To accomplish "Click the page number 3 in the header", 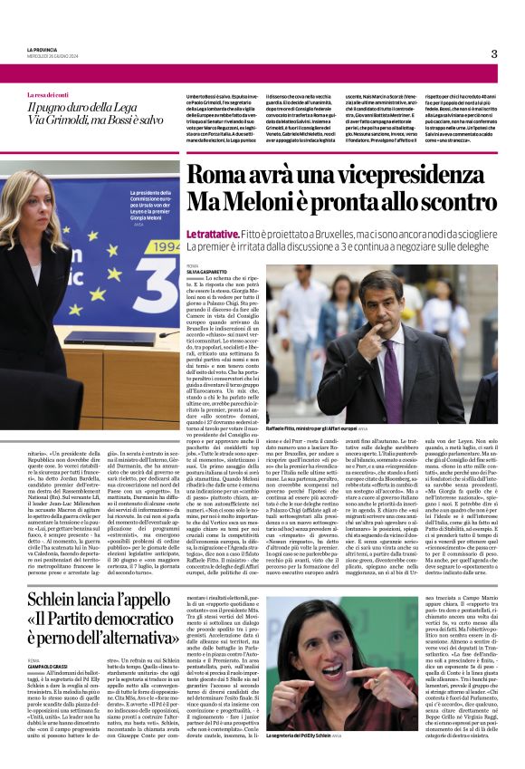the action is [493, 53].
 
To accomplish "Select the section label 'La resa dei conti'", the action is [48, 95].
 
